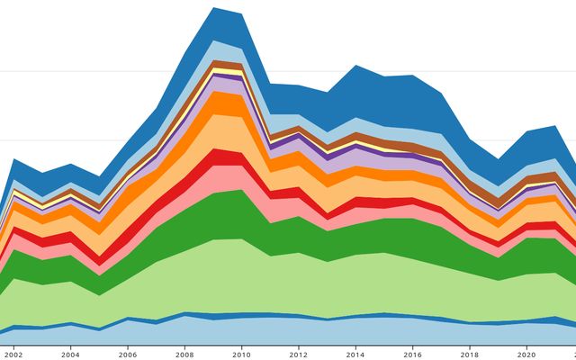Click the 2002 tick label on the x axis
click(x=13, y=354)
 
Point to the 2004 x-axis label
click(x=70, y=354)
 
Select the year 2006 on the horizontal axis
click(x=128, y=354)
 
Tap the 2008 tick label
click(x=184, y=354)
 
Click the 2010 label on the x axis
click(x=241, y=354)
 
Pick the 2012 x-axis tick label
click(x=298, y=354)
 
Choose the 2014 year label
click(x=355, y=354)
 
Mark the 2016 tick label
click(x=412, y=354)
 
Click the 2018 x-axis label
click(x=469, y=354)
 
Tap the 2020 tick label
click(x=526, y=354)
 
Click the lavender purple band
click(x=225, y=85)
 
